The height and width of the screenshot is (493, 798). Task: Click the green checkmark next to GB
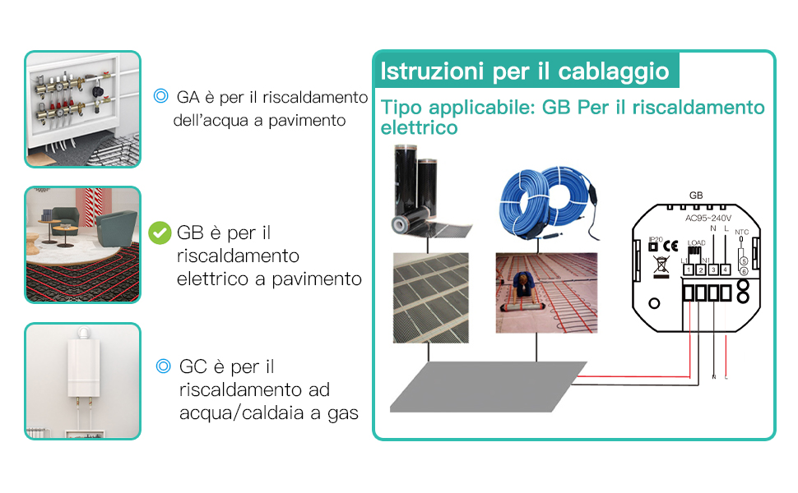coord(160,233)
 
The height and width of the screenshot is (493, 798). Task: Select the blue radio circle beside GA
coord(161,97)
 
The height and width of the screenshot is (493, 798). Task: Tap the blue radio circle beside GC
coord(163,366)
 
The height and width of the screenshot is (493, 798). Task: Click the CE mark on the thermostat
coord(670,245)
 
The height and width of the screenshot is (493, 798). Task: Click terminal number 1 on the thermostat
coord(688,270)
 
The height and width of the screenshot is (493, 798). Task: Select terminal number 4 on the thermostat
coord(725,270)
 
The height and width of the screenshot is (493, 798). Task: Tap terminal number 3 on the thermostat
coord(712,270)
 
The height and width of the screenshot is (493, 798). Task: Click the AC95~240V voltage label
coord(708,219)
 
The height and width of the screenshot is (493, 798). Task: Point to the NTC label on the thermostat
coord(741,233)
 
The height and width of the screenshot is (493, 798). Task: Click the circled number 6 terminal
coord(744,270)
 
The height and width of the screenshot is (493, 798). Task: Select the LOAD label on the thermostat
coord(697,243)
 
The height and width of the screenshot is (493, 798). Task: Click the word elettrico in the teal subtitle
coord(420,128)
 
